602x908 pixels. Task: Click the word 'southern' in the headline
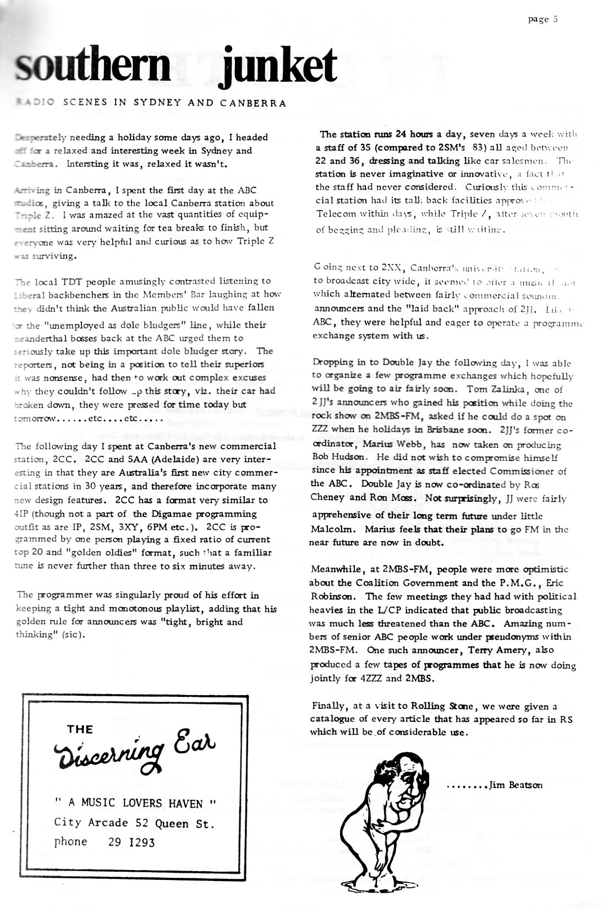click(94, 67)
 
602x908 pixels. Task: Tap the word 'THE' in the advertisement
click(80, 730)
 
